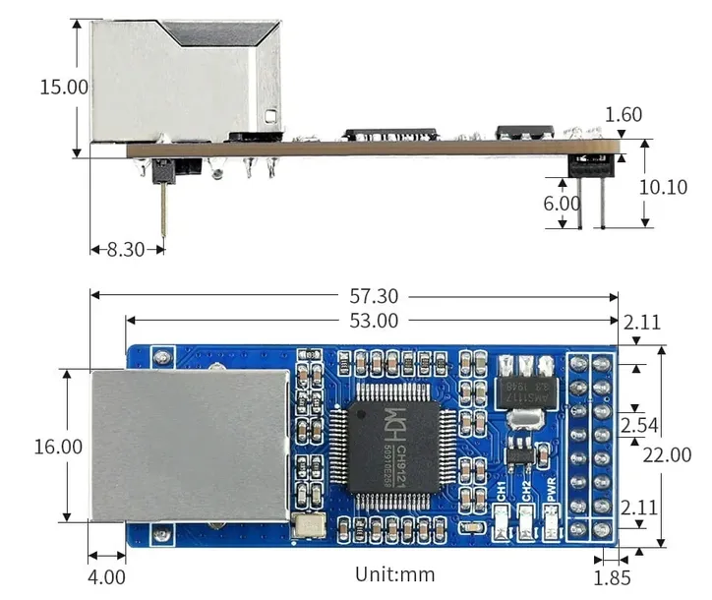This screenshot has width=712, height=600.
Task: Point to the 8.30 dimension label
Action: click(125, 250)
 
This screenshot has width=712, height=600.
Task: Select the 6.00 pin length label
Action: click(562, 204)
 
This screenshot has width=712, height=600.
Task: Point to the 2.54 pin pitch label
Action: click(639, 425)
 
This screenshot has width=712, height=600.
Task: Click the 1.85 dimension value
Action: click(612, 578)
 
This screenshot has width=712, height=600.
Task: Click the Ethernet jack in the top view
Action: click(191, 445)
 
